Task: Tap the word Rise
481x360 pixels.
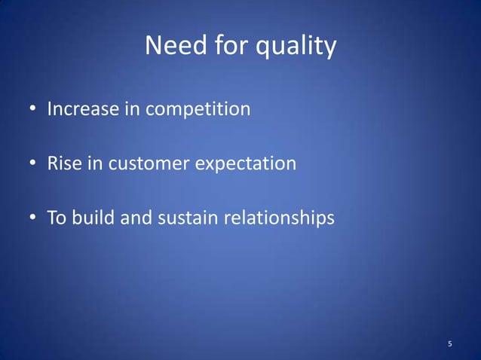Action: [x=63, y=163]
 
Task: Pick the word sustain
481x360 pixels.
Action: [x=185, y=218]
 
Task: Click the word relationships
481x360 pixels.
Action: [x=277, y=219]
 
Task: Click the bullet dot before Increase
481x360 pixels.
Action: [x=33, y=111]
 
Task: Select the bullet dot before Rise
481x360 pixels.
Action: [x=33, y=164]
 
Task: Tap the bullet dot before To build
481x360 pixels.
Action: [x=33, y=219]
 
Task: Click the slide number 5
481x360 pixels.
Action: [x=450, y=345]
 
